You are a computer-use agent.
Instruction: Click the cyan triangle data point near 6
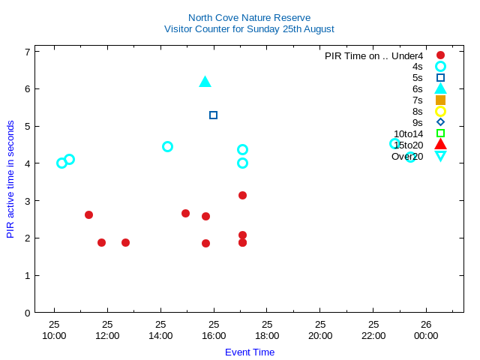coord(205,82)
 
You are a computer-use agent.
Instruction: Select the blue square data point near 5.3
coord(214,115)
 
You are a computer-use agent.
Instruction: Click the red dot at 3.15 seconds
coord(242,195)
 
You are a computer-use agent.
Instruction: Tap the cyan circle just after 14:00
coord(168,146)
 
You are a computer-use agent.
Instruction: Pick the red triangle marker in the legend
coord(440,145)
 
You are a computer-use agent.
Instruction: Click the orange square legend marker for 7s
coord(440,100)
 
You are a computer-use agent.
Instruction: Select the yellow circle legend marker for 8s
coord(440,111)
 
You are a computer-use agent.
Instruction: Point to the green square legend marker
coord(440,133)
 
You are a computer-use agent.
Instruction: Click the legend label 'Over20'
coord(407,156)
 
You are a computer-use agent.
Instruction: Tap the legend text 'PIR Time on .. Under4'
coord(373,55)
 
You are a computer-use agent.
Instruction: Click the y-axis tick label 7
coord(27,52)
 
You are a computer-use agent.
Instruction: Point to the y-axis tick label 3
coord(27,201)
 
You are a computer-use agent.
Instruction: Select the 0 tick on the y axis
coord(27,313)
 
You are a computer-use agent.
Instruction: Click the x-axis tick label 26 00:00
coord(426,330)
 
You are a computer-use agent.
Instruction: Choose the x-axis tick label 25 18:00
coord(267,330)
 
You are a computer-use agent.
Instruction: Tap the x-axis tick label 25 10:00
coord(54,330)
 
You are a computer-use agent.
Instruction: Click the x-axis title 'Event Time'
coord(250,352)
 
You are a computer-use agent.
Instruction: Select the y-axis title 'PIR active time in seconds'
coord(10,178)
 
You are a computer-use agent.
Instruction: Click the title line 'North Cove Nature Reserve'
coord(249,17)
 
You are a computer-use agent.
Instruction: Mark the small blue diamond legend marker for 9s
coord(440,122)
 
